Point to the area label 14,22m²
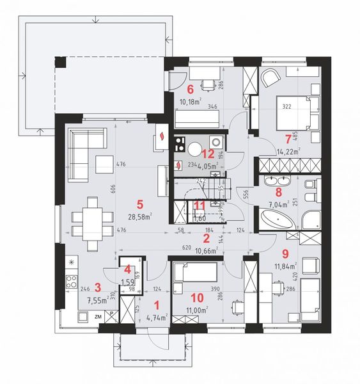(x=290, y=152)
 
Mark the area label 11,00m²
(x=197, y=310)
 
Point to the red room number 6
(x=190, y=88)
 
